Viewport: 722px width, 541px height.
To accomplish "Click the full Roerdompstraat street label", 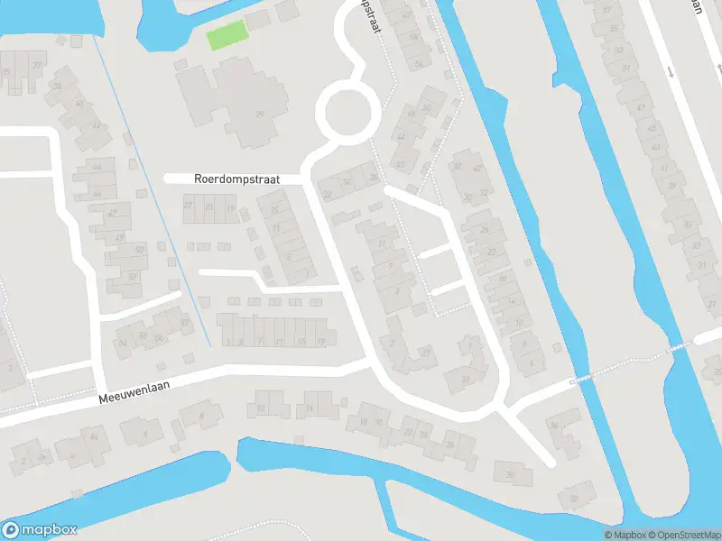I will (236, 179).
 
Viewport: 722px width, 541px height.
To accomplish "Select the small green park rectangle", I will (226, 38).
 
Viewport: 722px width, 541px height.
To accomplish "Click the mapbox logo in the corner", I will (40, 529).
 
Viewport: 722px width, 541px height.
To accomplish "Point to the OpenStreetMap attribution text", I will (684, 535).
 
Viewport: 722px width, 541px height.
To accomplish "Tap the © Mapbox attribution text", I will (625, 535).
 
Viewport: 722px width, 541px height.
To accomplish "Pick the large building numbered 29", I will (260, 114).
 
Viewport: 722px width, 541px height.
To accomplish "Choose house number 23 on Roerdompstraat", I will (209, 207).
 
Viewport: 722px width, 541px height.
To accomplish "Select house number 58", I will (414, 38).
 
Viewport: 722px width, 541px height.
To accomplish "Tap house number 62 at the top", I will (407, 15).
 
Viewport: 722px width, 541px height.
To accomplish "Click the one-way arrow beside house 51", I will (670, 70).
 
